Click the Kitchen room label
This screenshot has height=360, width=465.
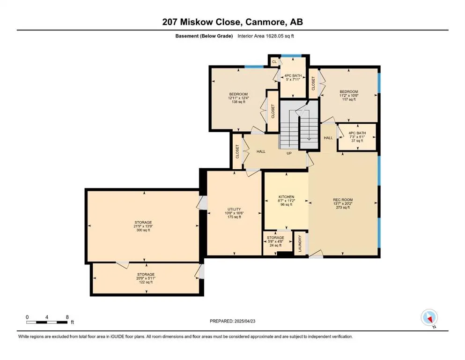pos(286,197)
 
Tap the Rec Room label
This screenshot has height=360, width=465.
pos(342,200)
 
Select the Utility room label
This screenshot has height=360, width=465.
pos(234,209)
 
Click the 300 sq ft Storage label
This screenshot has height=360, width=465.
pos(143,222)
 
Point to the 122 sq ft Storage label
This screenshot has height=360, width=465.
pos(146,275)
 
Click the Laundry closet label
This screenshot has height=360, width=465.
pos(300,243)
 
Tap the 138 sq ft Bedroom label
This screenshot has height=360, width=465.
pos(238,94)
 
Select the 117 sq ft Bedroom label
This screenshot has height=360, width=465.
pos(349,92)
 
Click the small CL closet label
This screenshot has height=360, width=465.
pos(274,62)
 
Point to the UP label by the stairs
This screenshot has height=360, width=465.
pos(289,153)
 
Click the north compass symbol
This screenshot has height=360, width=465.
pos(429,318)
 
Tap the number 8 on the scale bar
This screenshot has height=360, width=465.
pos(67,317)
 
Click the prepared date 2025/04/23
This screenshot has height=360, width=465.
pos(245,321)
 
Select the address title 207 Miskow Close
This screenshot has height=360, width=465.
pos(199,22)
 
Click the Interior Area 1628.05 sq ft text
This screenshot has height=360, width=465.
pos(266,36)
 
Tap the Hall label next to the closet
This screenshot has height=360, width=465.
pos(261,151)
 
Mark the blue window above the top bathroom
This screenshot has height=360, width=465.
pos(291,55)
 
